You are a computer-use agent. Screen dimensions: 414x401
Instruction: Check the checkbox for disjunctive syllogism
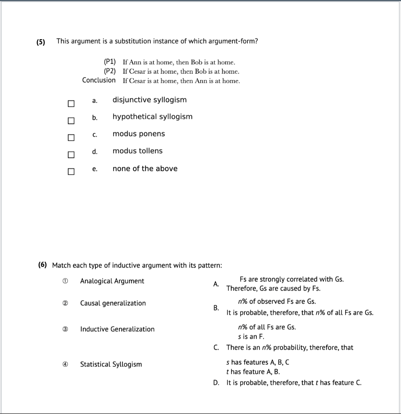click(71, 104)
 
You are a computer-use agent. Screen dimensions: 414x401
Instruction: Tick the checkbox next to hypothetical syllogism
click(71, 121)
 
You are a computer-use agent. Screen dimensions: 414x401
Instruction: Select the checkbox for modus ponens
click(71, 138)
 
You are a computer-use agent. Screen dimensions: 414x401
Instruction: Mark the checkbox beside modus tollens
click(71, 155)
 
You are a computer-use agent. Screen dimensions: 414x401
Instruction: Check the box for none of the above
click(71, 172)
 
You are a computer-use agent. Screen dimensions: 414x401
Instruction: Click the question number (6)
click(42, 265)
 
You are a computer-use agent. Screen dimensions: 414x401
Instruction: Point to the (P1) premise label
click(109, 62)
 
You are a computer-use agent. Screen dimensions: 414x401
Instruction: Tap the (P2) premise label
click(109, 71)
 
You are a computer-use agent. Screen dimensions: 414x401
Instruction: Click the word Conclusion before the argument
click(99, 80)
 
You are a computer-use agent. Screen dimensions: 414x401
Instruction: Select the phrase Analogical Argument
click(112, 281)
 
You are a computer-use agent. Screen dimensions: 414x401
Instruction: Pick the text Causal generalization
click(113, 303)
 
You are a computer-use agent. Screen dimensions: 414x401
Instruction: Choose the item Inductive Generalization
click(117, 329)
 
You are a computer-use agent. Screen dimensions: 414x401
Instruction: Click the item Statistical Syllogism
click(111, 364)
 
